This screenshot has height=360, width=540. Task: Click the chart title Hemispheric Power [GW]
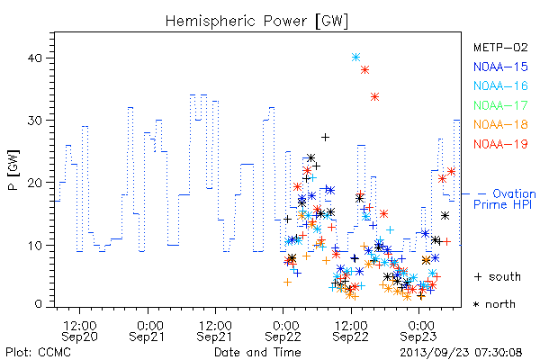coord(256,21)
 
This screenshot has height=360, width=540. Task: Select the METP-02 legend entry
coord(500,47)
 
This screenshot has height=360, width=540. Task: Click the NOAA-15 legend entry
coord(500,67)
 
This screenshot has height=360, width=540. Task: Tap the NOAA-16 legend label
coord(500,85)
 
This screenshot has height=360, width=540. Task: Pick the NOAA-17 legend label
coord(500,105)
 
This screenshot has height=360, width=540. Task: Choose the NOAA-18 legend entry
coord(500,124)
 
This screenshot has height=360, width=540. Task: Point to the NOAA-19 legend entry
coord(500,144)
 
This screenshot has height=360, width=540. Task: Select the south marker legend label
coord(498,276)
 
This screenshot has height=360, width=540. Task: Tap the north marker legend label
coord(494,304)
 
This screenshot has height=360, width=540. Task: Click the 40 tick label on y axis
coord(34,58)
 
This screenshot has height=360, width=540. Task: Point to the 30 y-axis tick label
coord(34,121)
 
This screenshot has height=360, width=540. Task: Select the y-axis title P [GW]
coord(14,170)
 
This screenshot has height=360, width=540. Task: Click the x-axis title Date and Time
coord(257,353)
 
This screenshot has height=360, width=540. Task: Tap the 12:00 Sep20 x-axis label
coord(79,331)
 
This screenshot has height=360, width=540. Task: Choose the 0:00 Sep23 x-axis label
coord(419,331)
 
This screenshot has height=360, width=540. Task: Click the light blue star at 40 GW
coord(356,58)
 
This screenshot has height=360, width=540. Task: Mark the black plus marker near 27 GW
coord(325,138)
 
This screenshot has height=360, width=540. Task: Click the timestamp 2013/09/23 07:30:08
coord(461,353)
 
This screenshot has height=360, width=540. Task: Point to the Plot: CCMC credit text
coord(38,353)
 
